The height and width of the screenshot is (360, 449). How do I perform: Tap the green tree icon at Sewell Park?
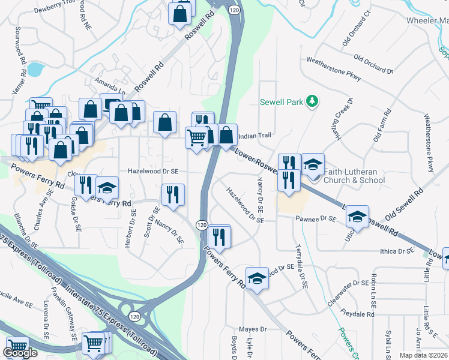click(x=312, y=101)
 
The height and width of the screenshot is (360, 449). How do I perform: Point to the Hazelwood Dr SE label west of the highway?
click(x=153, y=171)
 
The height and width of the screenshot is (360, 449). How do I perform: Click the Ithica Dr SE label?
click(x=397, y=251)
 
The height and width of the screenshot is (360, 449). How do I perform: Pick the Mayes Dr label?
click(x=252, y=329)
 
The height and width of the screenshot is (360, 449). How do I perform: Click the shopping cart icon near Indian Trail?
click(x=197, y=137)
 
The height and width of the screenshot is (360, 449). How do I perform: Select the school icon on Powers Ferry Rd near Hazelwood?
click(x=257, y=278)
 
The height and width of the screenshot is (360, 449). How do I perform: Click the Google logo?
click(x=20, y=353)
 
